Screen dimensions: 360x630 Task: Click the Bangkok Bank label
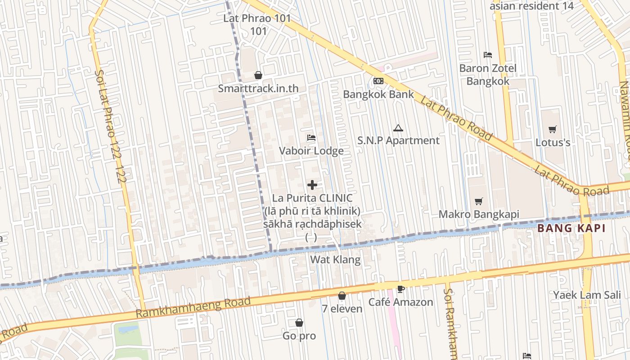pos(378,94)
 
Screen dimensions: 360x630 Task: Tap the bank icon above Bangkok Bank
pos(378,81)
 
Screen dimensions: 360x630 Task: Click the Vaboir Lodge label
pos(311,151)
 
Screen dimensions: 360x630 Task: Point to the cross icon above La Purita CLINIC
pos(312,184)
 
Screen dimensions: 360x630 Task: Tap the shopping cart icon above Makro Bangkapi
pos(479,201)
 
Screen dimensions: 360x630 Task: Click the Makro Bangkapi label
pos(479,214)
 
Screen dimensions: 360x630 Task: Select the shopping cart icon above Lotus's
pos(553,129)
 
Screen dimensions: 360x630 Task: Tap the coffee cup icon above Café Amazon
pos(400,288)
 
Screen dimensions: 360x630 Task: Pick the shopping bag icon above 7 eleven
pos(342,296)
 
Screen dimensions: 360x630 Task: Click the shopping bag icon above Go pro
pos(299,323)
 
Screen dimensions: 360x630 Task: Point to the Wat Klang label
pos(335,260)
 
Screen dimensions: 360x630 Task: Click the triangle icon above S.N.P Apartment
pos(398,128)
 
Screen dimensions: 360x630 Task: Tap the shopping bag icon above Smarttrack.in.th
pos(258,75)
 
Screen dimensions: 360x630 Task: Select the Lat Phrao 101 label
pos(257,19)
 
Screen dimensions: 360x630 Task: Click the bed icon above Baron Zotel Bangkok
pos(488,55)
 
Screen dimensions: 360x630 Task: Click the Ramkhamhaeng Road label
pos(193,307)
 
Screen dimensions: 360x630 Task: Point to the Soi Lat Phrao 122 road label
pos(110,126)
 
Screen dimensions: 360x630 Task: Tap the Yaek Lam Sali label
pos(586,295)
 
